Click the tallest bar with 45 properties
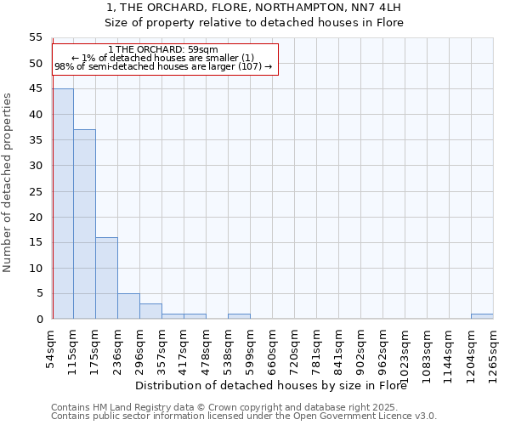click(x=63, y=204)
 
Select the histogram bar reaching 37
click(x=85, y=224)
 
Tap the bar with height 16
click(x=107, y=278)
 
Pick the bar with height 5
click(x=129, y=306)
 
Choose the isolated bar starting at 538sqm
click(x=239, y=316)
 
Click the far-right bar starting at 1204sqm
click(x=482, y=316)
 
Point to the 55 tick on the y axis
click(x=35, y=37)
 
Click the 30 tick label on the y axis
click(x=35, y=166)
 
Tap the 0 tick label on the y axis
click(x=38, y=320)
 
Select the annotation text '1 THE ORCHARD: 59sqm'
click(x=164, y=49)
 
